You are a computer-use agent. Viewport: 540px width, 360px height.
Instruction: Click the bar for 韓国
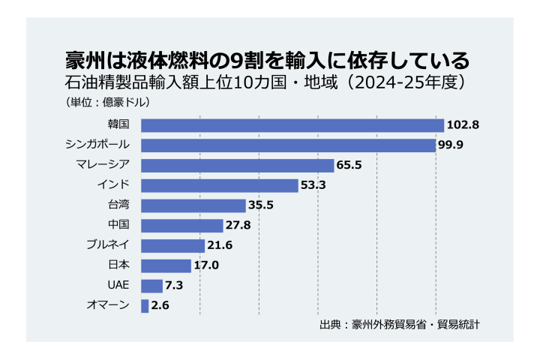tap(292, 125)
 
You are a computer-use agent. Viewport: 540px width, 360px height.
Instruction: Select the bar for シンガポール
tap(288, 145)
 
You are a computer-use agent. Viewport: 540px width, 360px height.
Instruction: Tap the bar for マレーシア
tap(237, 165)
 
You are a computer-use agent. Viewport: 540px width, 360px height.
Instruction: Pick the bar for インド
tap(219, 185)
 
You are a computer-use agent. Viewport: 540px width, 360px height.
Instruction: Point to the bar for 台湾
tap(193, 205)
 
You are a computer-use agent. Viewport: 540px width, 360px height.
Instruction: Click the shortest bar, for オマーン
tap(145, 305)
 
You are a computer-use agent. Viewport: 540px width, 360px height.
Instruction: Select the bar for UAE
tap(151, 286)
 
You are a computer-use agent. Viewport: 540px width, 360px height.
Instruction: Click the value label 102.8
tap(462, 125)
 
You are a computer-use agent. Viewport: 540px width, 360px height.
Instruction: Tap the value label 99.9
tap(450, 145)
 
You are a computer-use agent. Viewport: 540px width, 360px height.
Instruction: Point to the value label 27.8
tap(238, 226)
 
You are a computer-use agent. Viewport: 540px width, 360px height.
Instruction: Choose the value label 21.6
tap(219, 246)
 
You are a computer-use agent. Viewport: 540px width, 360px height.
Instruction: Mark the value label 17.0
tap(205, 265)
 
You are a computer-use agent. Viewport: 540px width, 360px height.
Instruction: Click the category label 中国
tap(119, 225)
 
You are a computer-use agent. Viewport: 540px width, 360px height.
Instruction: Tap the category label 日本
tap(119, 265)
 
